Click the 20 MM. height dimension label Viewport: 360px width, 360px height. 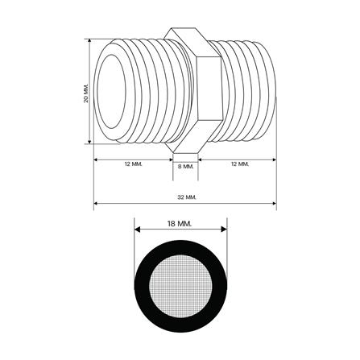tap(86, 92)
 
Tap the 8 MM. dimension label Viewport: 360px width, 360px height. tap(186, 167)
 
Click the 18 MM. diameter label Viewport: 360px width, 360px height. tap(180, 223)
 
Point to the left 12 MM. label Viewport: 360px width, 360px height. tap(134, 163)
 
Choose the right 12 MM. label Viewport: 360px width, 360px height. tap(240, 163)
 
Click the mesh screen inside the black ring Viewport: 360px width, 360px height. tap(180, 286)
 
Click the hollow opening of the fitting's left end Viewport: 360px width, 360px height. tap(110, 91)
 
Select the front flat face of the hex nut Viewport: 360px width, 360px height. tap(209, 88)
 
